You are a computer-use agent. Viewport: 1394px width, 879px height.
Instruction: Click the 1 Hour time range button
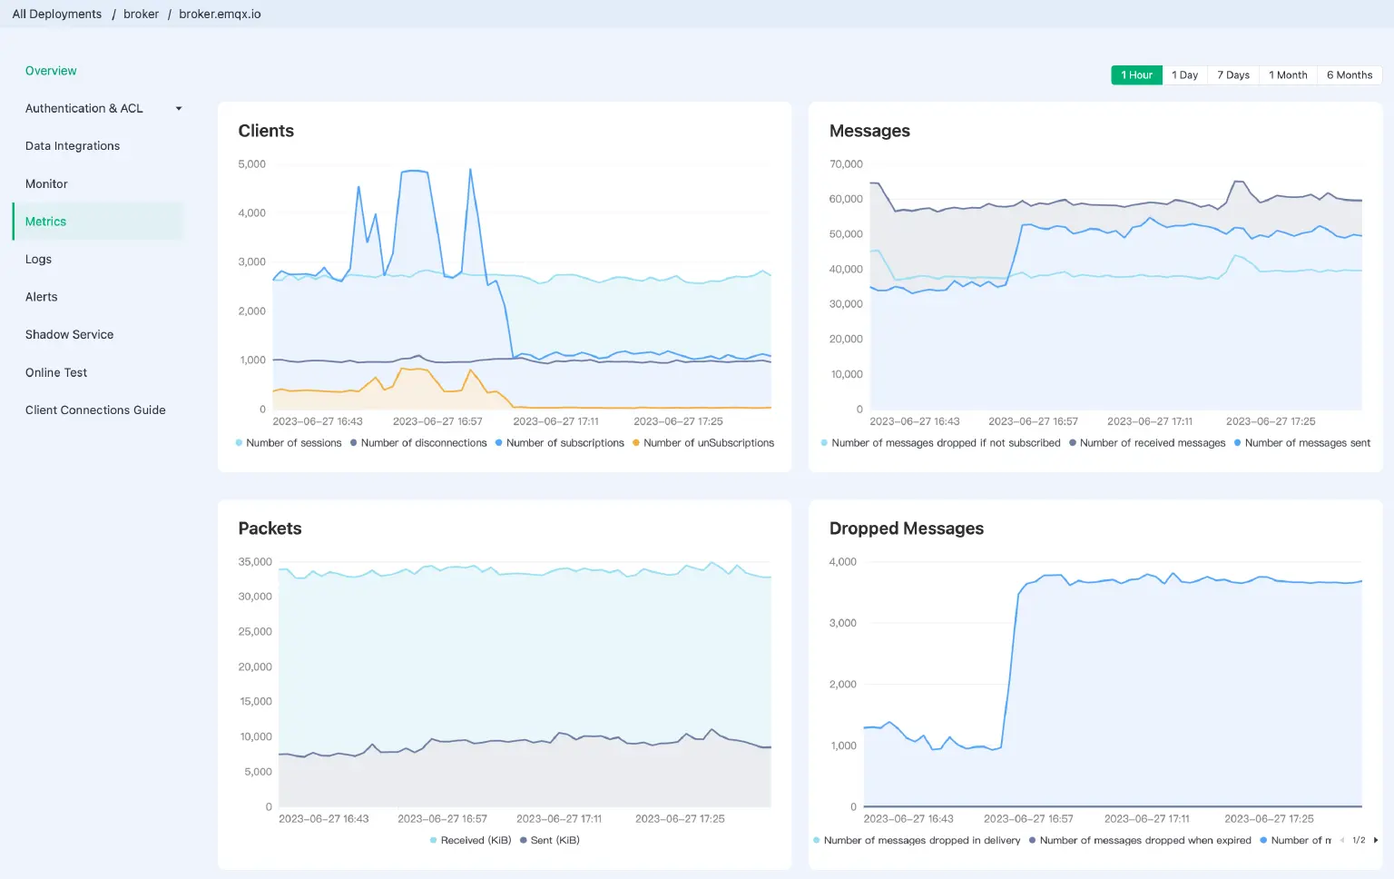1136,75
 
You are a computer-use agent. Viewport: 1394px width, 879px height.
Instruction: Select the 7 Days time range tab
1232,75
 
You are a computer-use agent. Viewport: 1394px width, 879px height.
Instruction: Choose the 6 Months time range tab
1349,75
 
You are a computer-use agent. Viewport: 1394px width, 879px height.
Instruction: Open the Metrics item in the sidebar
45,222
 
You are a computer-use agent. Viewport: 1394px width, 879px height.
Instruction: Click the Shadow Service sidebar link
69,335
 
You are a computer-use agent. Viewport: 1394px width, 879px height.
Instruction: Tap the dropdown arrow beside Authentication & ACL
179,109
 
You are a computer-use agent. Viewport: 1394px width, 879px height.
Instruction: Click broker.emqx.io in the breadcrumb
220,15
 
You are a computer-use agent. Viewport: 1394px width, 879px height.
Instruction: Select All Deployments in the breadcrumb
56,15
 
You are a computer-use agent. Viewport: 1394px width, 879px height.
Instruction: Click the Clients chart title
266,131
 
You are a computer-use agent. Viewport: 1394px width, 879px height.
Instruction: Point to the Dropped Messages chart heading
906,528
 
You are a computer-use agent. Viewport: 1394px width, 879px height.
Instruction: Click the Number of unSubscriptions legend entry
708,443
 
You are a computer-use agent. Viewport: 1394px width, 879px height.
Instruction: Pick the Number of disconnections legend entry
423,443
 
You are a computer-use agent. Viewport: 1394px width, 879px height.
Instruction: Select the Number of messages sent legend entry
1307,443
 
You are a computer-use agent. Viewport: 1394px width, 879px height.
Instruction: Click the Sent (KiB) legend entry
555,841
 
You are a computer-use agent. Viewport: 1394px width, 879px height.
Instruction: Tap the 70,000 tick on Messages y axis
846,164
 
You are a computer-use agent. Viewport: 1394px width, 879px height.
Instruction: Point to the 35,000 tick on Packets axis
255,562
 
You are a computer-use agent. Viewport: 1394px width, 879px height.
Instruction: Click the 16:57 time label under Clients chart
437,421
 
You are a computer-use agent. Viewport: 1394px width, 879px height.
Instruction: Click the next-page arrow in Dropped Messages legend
1376,841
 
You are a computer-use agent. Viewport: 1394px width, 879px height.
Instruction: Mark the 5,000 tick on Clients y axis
251,164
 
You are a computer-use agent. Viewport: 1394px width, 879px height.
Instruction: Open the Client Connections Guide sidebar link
95,410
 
